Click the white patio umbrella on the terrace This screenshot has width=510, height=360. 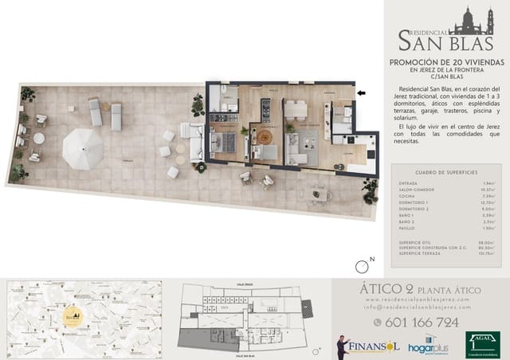point(84,148)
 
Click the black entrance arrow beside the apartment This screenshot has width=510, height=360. point(362,93)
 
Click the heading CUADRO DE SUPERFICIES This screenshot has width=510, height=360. point(446,172)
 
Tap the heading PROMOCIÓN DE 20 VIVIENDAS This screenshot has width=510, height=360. point(445,62)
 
